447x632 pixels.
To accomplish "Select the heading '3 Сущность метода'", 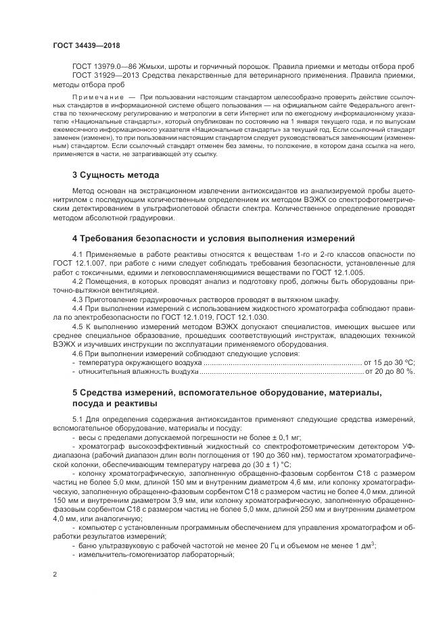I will pos(116,175).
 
